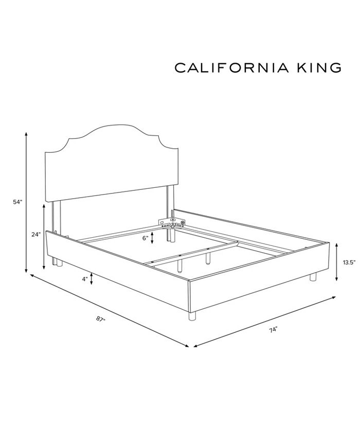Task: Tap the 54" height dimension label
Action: pos(18,202)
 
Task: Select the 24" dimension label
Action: pos(35,235)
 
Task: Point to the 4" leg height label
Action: pos(84,279)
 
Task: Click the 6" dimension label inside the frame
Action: pos(146,238)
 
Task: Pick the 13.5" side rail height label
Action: pos(349,262)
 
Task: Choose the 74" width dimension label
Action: pos(273,329)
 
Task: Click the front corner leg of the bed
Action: pos(192,315)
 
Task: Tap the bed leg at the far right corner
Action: pos(313,277)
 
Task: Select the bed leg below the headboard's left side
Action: pos(58,261)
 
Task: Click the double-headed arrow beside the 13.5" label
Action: pos(337,262)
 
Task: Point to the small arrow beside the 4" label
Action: pos(92,279)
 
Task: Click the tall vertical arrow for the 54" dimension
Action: pos(26,202)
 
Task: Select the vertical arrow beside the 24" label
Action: pos(44,235)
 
